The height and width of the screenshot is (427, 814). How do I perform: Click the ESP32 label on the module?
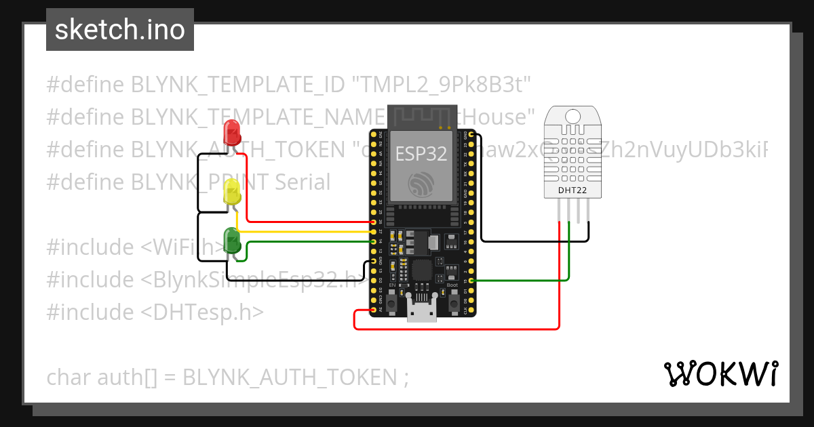tap(421, 154)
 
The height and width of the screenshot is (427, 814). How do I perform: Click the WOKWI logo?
tap(720, 373)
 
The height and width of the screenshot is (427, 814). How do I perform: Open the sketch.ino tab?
tap(120, 30)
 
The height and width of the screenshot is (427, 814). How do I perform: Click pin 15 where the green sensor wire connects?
tap(471, 280)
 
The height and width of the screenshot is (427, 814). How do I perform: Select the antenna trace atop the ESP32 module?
tap(421, 115)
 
